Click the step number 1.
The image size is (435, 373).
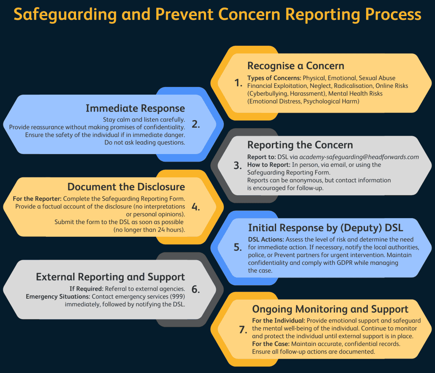[x=238, y=83]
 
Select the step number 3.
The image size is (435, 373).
[x=238, y=165]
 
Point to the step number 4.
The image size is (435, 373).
[x=195, y=207]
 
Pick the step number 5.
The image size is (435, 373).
[x=238, y=247]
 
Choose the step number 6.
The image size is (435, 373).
[x=195, y=289]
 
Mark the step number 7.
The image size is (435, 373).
[x=242, y=329]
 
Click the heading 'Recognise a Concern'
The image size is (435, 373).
[x=296, y=66]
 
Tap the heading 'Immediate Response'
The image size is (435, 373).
[x=135, y=108]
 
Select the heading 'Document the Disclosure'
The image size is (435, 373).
[x=126, y=187]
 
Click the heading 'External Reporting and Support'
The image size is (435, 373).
[x=110, y=277]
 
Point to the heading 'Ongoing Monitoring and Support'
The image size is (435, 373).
[x=330, y=309]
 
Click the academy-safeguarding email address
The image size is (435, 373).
[x=359, y=157]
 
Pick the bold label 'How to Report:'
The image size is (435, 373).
[x=268, y=165]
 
